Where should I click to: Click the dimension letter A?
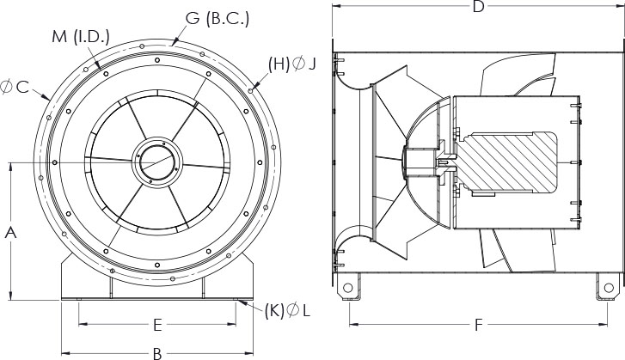pos(10,231)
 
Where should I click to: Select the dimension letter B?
pos(157,352)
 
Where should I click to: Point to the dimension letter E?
pos(157,325)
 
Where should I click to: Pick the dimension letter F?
pos(479,326)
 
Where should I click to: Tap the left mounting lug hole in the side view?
pos(348,285)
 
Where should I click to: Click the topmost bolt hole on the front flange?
pos(157,58)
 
